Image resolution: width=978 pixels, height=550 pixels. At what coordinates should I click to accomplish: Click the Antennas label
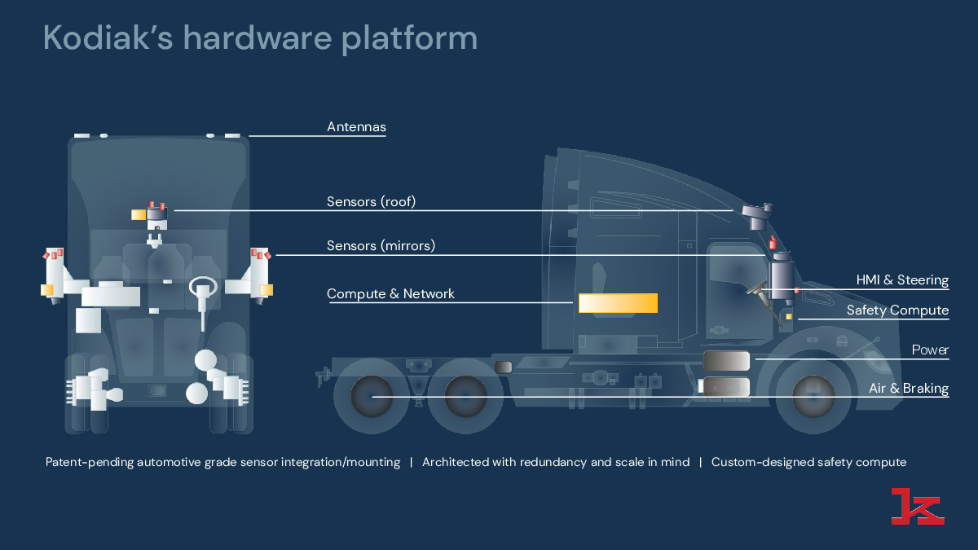[356, 127]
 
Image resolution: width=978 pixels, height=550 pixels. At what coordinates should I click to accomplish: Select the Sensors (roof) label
[371, 202]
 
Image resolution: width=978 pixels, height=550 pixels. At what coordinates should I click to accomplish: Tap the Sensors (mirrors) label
[381, 245]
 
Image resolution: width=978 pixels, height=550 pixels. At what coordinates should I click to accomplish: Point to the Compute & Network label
[390, 294]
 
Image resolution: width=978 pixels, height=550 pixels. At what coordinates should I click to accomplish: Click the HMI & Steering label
[902, 280]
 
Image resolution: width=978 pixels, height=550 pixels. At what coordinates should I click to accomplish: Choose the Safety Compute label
[897, 310]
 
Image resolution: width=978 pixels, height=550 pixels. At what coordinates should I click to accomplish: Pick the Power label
[930, 350]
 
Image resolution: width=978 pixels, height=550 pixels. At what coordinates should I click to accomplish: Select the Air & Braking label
[909, 389]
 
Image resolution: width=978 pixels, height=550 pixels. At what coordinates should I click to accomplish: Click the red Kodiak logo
[917, 506]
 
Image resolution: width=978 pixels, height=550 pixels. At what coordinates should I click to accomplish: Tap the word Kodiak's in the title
[105, 38]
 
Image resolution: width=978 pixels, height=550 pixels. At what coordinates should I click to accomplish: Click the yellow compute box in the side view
[618, 303]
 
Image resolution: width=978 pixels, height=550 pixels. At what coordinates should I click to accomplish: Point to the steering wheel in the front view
[202, 287]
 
